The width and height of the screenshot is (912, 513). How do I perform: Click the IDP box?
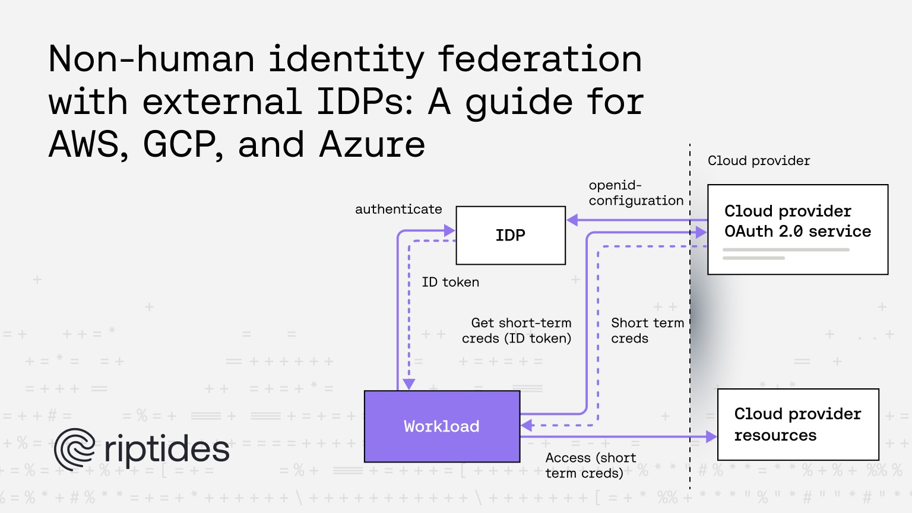(511, 235)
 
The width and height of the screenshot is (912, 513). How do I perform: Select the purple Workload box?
(442, 426)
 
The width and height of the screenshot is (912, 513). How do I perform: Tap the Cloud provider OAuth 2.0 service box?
(797, 230)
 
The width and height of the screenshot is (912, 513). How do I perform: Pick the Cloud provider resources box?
(798, 425)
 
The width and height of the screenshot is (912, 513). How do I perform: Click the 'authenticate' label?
(398, 209)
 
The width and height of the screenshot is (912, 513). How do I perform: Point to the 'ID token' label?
(450, 282)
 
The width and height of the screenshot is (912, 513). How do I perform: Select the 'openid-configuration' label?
(636, 193)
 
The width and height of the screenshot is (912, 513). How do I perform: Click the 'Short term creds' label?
(647, 331)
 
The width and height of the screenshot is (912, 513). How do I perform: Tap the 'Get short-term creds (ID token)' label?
(517, 331)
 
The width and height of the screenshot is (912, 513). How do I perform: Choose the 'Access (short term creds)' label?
(591, 465)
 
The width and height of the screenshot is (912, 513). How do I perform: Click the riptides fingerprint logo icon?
(74, 449)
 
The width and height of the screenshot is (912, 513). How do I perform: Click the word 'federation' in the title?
(540, 59)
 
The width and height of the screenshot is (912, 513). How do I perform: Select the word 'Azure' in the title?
(372, 144)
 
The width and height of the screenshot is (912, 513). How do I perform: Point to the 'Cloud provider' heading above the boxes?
(759, 161)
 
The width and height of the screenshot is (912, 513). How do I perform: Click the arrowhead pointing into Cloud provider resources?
(711, 437)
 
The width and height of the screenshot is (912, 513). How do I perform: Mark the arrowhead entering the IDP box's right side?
(572, 220)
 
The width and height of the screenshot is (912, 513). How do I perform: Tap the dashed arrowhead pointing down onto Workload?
(408, 384)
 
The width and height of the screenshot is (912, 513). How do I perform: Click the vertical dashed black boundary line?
(690, 316)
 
